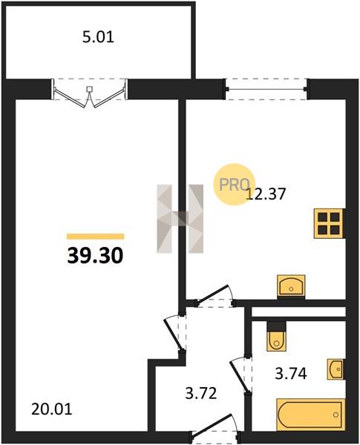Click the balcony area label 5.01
(98, 37)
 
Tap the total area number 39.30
(95, 255)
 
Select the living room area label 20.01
(51, 409)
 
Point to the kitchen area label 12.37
(266, 194)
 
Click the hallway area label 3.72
(201, 394)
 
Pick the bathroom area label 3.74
(291, 374)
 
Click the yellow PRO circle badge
(234, 184)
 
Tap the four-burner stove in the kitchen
(329, 223)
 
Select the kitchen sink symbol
(291, 286)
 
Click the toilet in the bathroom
(276, 337)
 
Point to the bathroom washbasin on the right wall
(336, 369)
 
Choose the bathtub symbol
(311, 415)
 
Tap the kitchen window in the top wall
(266, 89)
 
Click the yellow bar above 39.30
(96, 237)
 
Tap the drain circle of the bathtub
(336, 415)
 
